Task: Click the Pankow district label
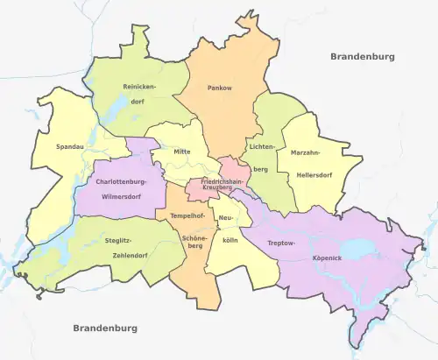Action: click(219, 88)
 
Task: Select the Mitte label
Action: click(182, 152)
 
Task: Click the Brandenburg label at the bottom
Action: click(105, 328)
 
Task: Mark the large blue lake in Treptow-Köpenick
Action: click(357, 251)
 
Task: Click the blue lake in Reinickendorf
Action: click(115, 110)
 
